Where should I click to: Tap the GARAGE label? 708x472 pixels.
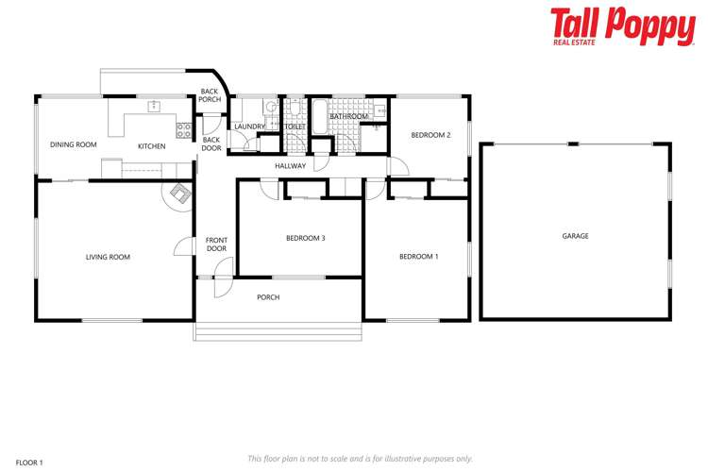(575, 236)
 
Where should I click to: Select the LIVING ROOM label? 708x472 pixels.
(108, 257)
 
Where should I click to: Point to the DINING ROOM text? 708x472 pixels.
(74, 145)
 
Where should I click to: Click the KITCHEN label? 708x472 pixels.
(151, 146)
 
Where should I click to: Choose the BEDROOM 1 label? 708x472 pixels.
(418, 257)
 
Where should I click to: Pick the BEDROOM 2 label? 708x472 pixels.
(430, 135)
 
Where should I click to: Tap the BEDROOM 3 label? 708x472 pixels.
(305, 238)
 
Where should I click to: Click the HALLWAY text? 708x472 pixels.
(290, 166)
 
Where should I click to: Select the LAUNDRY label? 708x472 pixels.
(249, 126)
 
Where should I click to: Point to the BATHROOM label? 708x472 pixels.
(348, 116)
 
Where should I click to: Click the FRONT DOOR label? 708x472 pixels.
(216, 244)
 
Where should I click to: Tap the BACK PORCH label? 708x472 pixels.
(210, 95)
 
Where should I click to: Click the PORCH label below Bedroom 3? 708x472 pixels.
(268, 297)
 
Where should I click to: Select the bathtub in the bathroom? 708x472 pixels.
(319, 118)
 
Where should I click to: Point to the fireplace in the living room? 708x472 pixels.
(177, 195)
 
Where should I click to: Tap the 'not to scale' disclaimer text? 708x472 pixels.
(360, 458)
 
